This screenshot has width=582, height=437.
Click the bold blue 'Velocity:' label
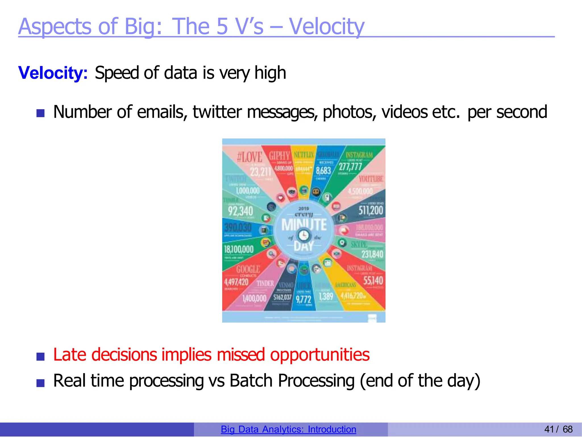tap(53, 73)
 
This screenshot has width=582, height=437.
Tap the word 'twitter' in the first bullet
tap(217, 112)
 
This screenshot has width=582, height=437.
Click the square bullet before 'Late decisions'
tap(40, 357)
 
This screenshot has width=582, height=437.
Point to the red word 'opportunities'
tap(320, 355)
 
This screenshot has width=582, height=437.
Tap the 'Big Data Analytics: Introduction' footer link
tap(288, 429)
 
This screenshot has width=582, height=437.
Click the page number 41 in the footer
tap(549, 429)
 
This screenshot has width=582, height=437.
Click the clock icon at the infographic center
tap(304, 236)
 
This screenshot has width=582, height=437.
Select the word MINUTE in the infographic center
tap(304, 225)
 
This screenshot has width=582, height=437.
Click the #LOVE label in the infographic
tap(250, 157)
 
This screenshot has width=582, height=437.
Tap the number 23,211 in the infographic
tap(261, 172)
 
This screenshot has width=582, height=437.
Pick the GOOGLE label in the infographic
tap(248, 269)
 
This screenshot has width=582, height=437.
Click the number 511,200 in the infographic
tap(371, 211)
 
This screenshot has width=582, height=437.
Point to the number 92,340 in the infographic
tap(240, 211)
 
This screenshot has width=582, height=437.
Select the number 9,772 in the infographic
tap(304, 299)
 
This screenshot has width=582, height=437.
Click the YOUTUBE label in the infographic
tap(371, 179)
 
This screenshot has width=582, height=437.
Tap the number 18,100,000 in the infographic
tap(239, 249)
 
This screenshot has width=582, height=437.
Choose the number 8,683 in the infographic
tap(323, 171)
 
